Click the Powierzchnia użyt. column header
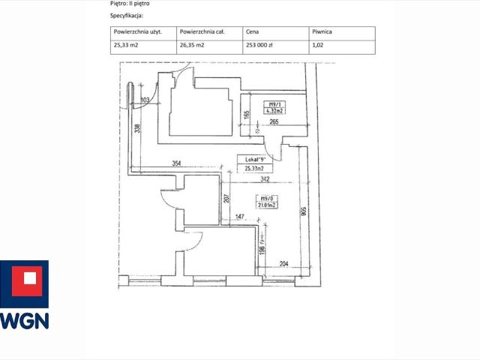133,33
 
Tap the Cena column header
253,33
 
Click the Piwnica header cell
322,33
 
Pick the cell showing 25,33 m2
126,46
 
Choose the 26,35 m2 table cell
192,46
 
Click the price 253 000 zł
260,46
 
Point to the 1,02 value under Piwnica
318,46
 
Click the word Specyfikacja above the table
127,15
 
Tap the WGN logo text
24,320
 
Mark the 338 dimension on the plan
136,128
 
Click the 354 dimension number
177,163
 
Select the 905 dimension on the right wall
303,211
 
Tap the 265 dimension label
274,122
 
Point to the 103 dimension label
145,100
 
